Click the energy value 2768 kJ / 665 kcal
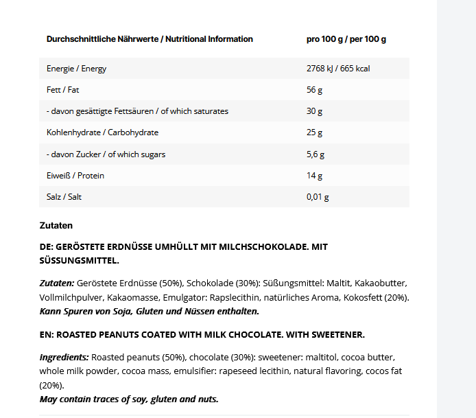tap(338, 69)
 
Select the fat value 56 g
tap(314, 90)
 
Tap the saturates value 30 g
tap(314, 111)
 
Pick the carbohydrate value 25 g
tap(314, 132)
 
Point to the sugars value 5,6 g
tap(316, 154)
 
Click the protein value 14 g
tap(314, 176)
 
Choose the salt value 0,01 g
tap(318, 197)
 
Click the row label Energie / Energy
tap(76, 69)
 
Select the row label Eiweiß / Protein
tap(75, 176)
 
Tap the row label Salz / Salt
tap(64, 197)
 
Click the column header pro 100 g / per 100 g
tap(346, 39)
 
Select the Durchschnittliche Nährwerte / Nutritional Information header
tap(150, 39)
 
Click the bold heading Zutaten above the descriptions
tap(56, 225)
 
